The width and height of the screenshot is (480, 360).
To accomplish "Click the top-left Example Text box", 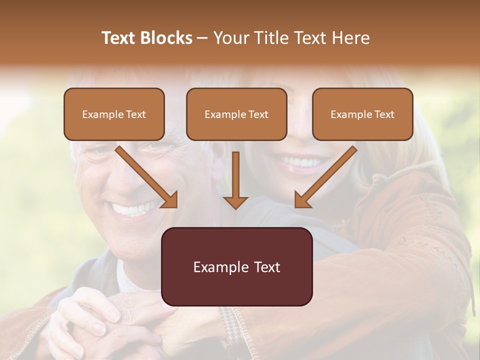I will (x=114, y=114).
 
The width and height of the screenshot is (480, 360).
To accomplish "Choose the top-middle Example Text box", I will (x=236, y=114).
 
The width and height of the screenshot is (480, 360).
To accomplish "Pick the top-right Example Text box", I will (x=362, y=114).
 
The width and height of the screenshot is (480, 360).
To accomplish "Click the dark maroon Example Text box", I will (x=237, y=266).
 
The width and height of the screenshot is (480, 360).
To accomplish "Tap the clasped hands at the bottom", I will (x=95, y=325).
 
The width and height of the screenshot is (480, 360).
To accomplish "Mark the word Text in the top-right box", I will (x=384, y=114).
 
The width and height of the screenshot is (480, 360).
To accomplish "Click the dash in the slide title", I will (x=202, y=38).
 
